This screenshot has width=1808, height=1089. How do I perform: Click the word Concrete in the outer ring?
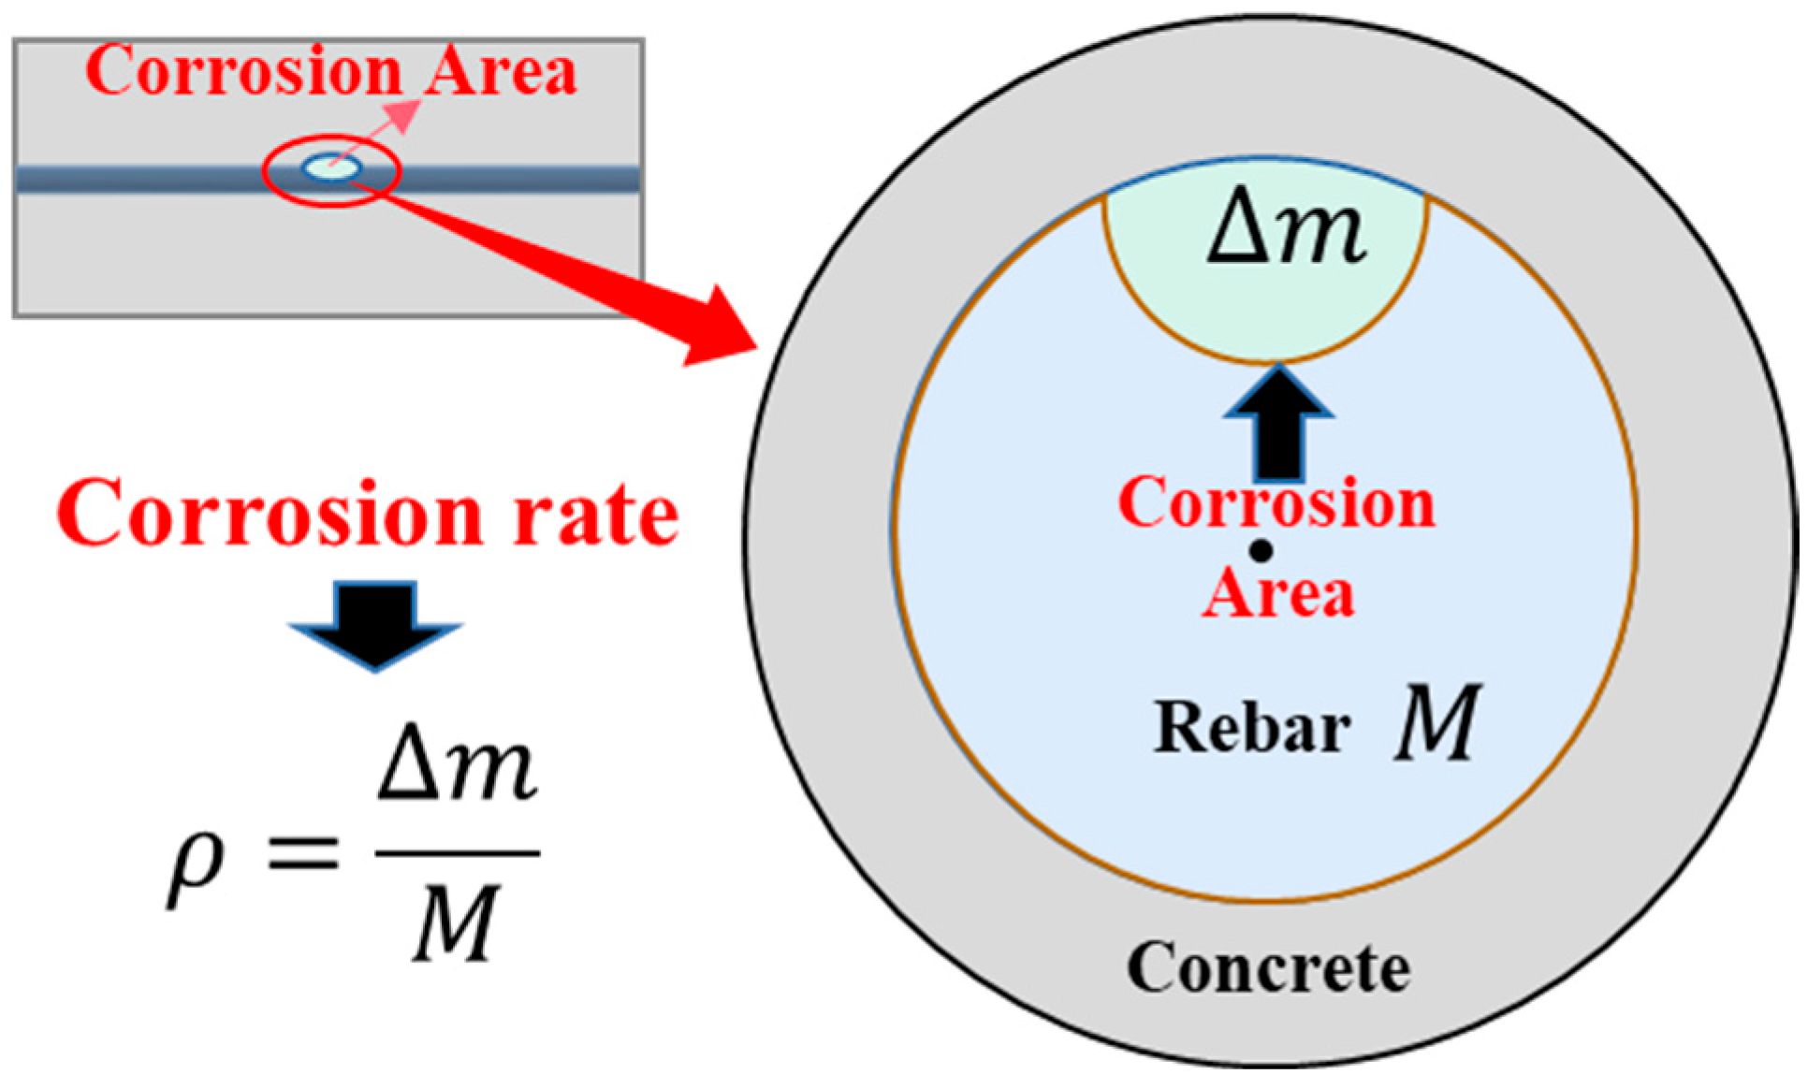click(x=1268, y=967)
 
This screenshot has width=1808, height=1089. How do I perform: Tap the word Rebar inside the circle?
click(x=1253, y=727)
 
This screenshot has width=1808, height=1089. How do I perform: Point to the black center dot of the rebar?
click(x=1261, y=552)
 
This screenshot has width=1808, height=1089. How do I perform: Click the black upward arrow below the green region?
click(x=1278, y=421)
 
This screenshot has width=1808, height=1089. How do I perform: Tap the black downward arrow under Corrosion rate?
click(x=375, y=625)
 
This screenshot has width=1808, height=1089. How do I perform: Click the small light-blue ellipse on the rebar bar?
click(x=331, y=168)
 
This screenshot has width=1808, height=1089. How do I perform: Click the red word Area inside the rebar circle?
click(x=1278, y=593)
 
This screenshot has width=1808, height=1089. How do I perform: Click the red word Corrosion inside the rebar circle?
click(x=1276, y=503)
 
